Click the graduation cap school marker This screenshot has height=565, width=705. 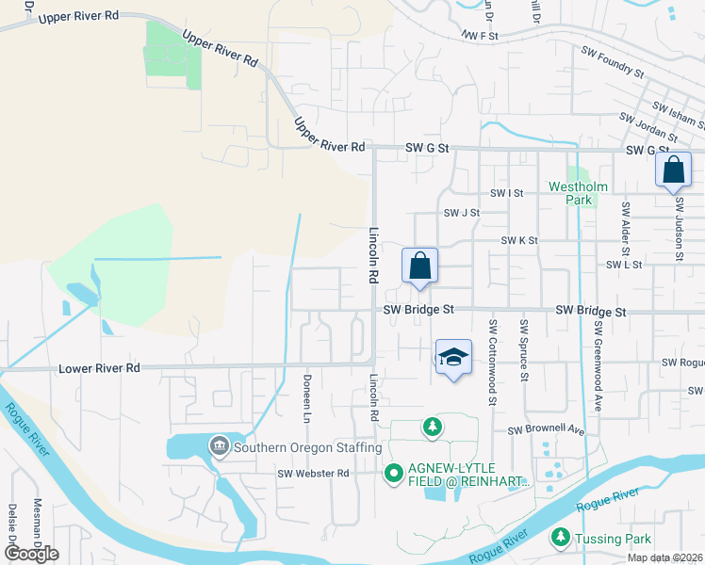click(x=453, y=358)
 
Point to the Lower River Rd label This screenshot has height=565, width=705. click(x=99, y=368)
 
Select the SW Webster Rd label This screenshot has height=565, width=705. click(x=314, y=473)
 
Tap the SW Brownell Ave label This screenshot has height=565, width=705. click(x=547, y=430)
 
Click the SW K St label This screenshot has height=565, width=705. click(x=518, y=241)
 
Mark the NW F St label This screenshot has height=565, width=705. click(x=479, y=35)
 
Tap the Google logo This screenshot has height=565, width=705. click(x=31, y=554)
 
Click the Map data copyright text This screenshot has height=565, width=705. click(x=665, y=557)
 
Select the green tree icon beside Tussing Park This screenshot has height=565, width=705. click(x=560, y=538)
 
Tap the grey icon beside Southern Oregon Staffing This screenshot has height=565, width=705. click(x=219, y=444)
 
